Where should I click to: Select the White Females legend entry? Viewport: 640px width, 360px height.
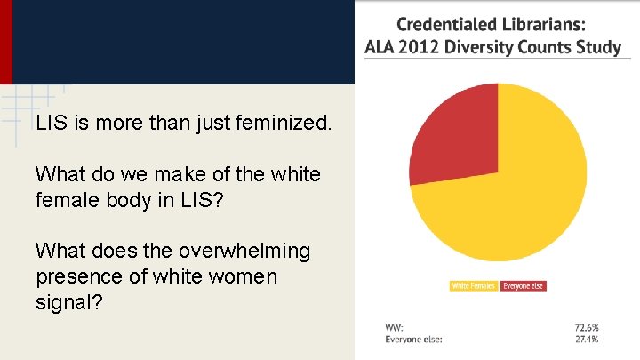pyautogui.click(x=474, y=286)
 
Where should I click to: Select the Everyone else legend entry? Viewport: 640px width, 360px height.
pyautogui.click(x=523, y=286)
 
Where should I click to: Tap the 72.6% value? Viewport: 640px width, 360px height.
pyautogui.click(x=587, y=328)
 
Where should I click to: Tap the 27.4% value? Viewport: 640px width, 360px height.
pyautogui.click(x=587, y=339)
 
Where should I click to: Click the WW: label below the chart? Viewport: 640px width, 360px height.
pyautogui.click(x=394, y=328)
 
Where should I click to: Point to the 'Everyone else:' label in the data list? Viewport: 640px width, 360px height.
pyautogui.click(x=413, y=339)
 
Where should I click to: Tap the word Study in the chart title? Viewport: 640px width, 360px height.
pyautogui.click(x=599, y=47)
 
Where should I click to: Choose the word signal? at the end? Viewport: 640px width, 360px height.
pyautogui.click(x=69, y=303)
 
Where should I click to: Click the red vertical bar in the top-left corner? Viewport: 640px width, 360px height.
pyautogui.click(x=5, y=42)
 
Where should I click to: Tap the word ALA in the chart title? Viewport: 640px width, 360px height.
pyautogui.click(x=381, y=47)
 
